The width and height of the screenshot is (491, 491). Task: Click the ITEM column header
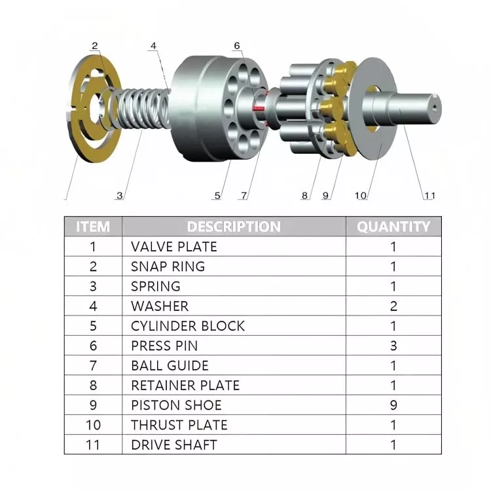[93, 227]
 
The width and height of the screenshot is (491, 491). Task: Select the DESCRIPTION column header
[234, 227]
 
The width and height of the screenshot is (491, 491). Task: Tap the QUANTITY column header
[393, 227]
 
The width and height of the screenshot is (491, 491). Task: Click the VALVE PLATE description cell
[174, 247]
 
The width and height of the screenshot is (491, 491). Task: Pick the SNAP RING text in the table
[168, 266]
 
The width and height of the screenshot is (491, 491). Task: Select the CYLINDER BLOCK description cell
[188, 326]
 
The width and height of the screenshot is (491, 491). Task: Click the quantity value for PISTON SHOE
[393, 405]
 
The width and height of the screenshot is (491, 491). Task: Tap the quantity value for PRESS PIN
[393, 346]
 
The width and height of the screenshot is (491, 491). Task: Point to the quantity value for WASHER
[393, 306]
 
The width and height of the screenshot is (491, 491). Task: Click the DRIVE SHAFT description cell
[174, 445]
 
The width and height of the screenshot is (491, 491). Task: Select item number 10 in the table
[93, 425]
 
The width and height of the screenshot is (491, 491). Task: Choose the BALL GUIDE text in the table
[170, 365]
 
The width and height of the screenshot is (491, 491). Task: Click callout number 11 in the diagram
[429, 195]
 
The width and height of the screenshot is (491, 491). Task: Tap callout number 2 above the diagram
[95, 46]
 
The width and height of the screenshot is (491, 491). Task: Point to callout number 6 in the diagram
[237, 46]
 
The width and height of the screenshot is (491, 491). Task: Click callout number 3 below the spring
[119, 195]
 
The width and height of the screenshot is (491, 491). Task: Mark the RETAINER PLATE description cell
[185, 386]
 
